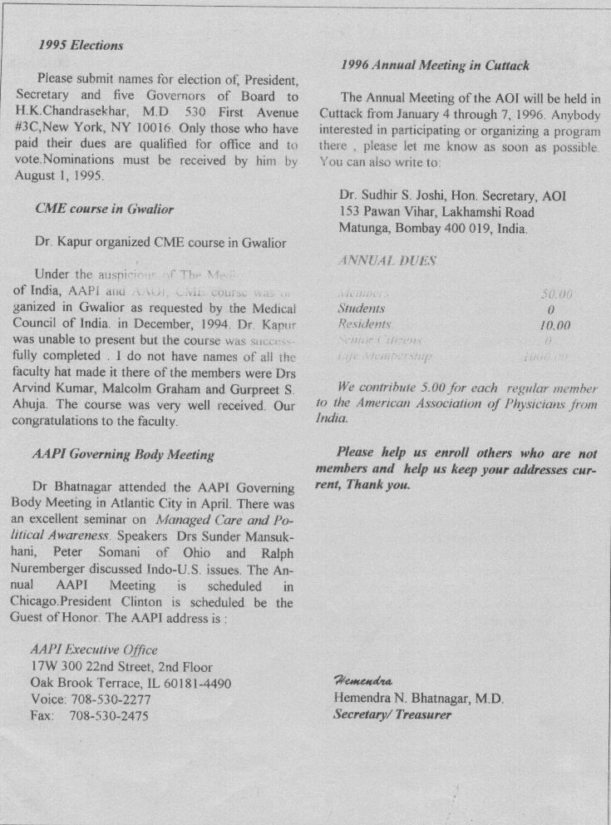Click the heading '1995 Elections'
click(x=81, y=46)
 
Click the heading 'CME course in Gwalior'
click(x=104, y=209)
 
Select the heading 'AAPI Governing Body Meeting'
click(x=123, y=454)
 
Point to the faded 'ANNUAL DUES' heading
click(x=387, y=260)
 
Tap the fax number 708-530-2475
click(x=109, y=715)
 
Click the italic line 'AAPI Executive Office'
click(x=93, y=650)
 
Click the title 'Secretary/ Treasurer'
click(x=392, y=714)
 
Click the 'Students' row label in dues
click(x=362, y=309)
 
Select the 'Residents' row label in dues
click(x=364, y=324)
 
